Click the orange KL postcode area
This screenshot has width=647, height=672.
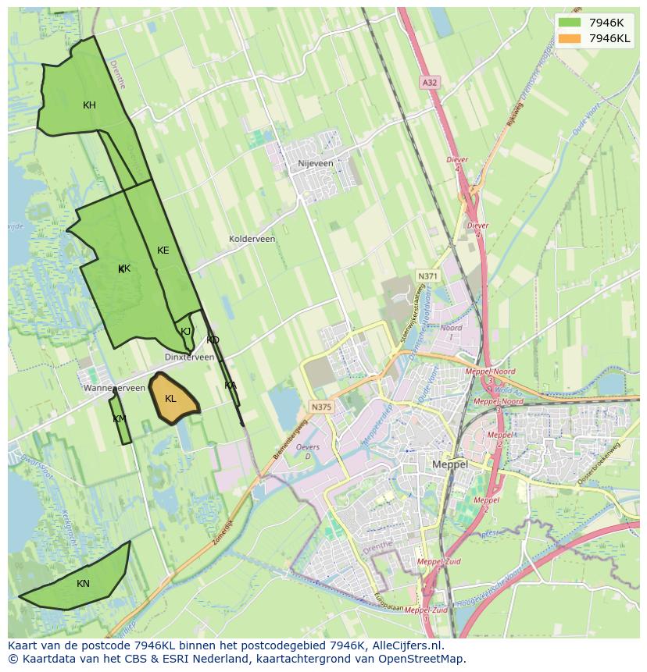(173, 399)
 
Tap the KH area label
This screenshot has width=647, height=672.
(89, 105)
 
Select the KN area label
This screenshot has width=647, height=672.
(83, 584)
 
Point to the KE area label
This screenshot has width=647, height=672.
(163, 251)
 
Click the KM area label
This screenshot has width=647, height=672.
(119, 419)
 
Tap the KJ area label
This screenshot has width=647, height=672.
(186, 331)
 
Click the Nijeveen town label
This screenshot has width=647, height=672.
(316, 164)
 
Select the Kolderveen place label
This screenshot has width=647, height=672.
(252, 239)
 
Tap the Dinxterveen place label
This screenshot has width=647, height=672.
(189, 357)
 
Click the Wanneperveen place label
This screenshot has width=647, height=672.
(114, 388)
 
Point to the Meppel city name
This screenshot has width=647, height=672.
(449, 464)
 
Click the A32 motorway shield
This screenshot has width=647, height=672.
(429, 82)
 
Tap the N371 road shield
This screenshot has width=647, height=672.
(427, 276)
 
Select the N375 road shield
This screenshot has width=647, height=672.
(320, 407)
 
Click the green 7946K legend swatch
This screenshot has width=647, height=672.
(570, 23)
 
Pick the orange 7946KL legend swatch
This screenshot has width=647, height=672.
(570, 38)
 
